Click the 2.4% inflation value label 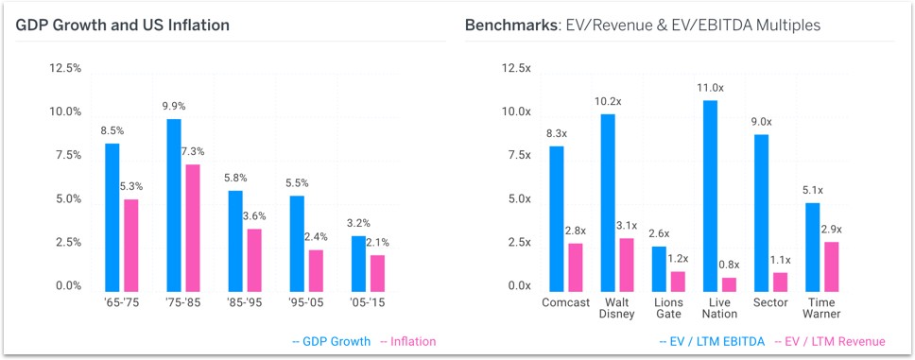coord(317,237)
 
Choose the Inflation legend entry coord(407,341)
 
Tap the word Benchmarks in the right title coord(508,25)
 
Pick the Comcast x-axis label coord(566,303)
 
